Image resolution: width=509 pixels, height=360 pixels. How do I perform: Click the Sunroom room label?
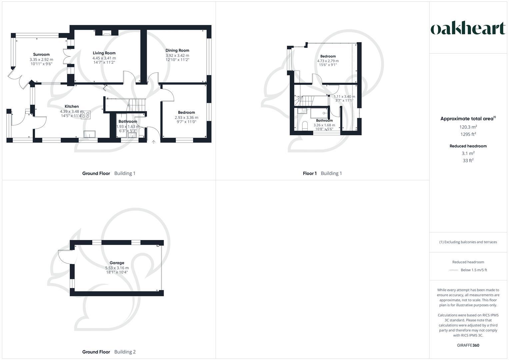tap(41, 54)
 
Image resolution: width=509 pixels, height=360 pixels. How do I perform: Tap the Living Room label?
tap(104, 53)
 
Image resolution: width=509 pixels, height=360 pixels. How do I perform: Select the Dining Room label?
tap(177, 50)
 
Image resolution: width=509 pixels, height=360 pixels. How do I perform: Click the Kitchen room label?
tap(72, 106)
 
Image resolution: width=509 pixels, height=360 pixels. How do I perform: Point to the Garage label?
tap(117, 263)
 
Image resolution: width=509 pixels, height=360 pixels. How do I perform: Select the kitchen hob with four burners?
tap(86, 115)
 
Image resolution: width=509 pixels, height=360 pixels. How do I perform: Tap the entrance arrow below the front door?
tap(154, 142)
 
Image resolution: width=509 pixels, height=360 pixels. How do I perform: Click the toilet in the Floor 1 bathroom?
tap(304, 126)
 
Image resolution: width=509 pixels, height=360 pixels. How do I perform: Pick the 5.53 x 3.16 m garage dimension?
tap(117, 268)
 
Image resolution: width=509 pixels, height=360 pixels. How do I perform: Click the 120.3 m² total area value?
tap(468, 127)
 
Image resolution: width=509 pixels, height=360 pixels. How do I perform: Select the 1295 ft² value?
tap(468, 134)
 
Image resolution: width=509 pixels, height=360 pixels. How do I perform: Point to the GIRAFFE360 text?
tap(468, 345)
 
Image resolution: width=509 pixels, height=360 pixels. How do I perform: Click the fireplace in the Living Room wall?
tap(107, 33)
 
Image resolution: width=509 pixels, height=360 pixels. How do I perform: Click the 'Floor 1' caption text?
tap(310, 173)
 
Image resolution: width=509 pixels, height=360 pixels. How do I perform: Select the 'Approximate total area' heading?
tap(466, 119)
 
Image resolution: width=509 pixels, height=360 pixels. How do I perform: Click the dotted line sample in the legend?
tap(453, 270)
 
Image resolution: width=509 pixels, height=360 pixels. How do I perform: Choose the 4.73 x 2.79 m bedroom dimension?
tap(328, 61)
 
